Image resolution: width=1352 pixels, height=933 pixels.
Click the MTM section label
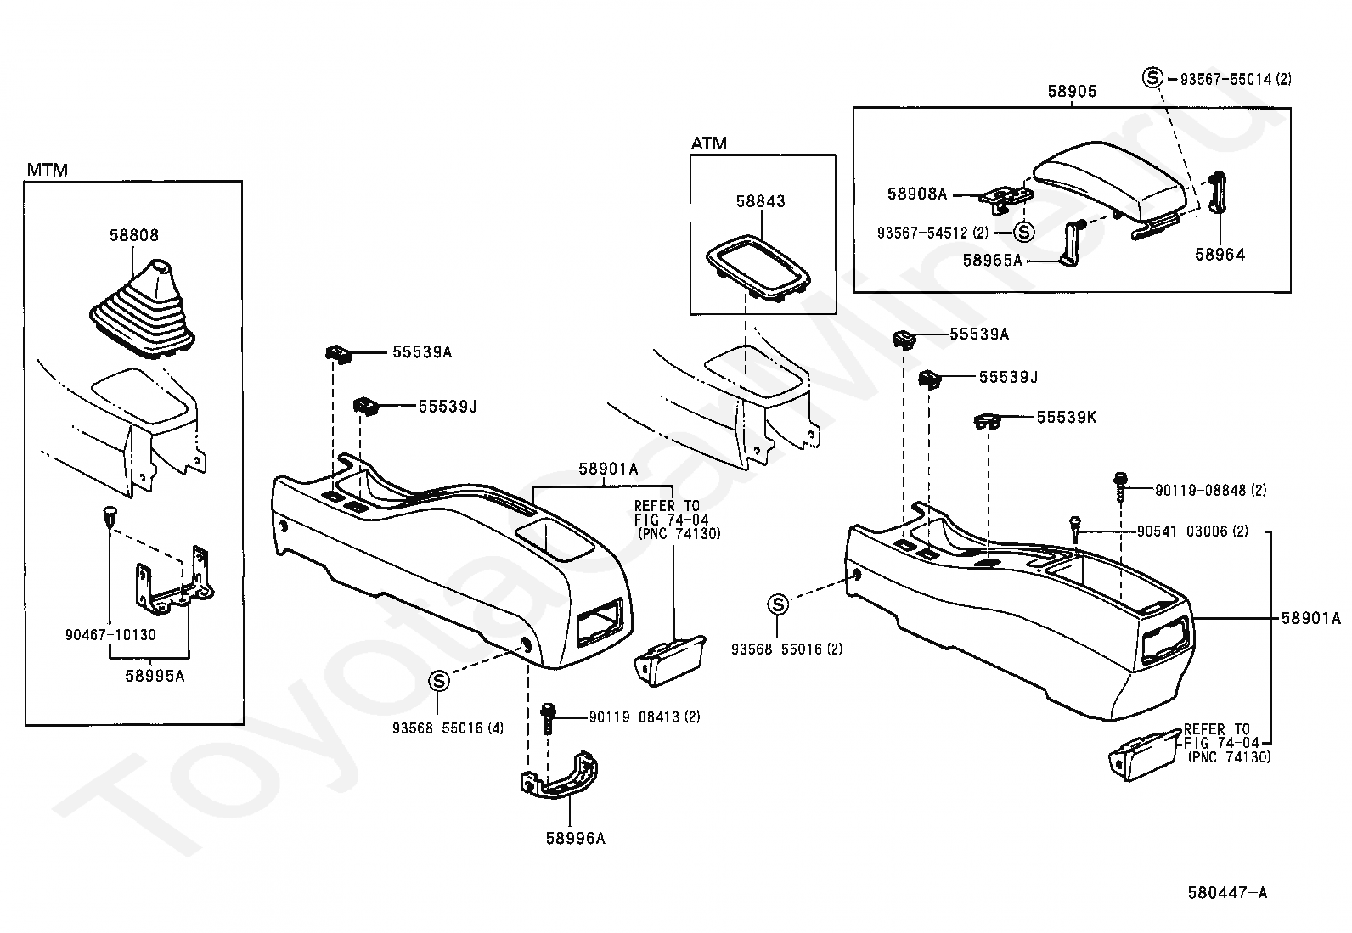click(x=47, y=170)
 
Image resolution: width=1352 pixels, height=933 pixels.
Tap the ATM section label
click(x=708, y=143)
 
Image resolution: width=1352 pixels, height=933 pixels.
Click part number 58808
click(x=134, y=235)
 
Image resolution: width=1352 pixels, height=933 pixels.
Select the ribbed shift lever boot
click(x=143, y=312)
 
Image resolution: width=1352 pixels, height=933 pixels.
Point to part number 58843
click(x=761, y=201)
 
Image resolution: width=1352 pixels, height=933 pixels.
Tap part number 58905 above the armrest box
click(x=1072, y=91)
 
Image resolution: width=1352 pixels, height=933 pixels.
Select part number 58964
click(x=1220, y=255)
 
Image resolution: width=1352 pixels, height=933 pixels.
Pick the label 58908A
click(x=917, y=194)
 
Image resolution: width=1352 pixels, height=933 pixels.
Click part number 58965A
click(x=992, y=260)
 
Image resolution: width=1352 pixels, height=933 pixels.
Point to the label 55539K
click(x=1067, y=417)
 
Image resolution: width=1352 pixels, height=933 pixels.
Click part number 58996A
click(x=575, y=838)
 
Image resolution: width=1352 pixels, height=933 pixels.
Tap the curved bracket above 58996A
click(x=559, y=777)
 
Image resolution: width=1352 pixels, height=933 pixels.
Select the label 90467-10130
click(x=110, y=635)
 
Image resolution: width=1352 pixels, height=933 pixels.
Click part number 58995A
click(x=155, y=676)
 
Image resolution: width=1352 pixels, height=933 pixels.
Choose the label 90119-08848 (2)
click(x=1211, y=490)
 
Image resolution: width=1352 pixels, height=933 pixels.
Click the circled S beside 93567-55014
click(x=1152, y=78)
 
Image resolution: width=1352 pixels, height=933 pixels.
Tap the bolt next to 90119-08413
click(x=548, y=717)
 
